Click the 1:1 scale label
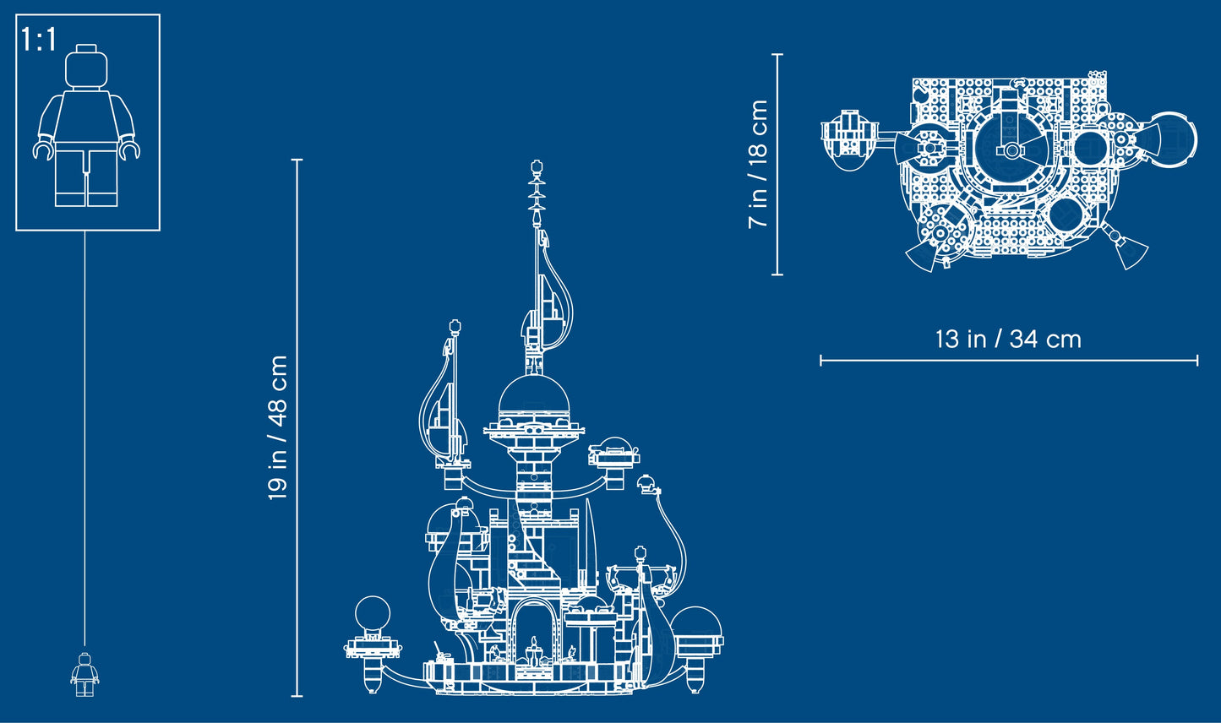click(39, 40)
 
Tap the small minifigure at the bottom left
click(84, 674)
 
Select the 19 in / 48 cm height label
click(278, 427)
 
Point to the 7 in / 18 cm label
click(758, 164)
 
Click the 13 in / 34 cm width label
click(1008, 340)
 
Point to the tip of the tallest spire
click(536, 166)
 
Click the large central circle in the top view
click(1011, 151)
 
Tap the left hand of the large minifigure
click(43, 150)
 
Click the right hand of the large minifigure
click(129, 150)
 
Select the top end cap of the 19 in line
click(297, 160)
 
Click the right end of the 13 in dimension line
click(1196, 361)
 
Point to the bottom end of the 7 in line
click(777, 274)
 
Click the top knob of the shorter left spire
click(455, 325)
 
